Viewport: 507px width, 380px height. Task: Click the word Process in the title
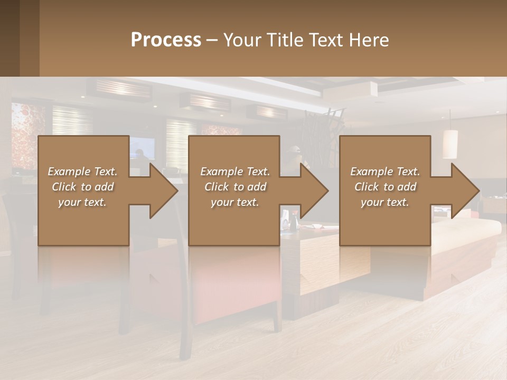tap(166, 40)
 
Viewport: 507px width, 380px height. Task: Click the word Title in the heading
tap(285, 40)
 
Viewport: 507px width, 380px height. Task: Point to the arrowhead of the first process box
tap(163, 191)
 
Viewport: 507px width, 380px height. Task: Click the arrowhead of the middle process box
tap(314, 191)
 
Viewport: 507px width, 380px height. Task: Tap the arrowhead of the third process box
tap(465, 191)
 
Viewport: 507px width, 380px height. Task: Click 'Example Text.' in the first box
tap(82, 172)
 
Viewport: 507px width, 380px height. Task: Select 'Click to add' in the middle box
tap(235, 187)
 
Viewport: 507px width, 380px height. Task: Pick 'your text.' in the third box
tap(385, 202)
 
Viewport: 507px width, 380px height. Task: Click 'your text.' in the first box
tap(82, 202)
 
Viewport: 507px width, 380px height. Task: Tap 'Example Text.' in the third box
tap(385, 172)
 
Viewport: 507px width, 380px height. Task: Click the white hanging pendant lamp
tap(450, 144)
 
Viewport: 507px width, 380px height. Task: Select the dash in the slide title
tap(212, 40)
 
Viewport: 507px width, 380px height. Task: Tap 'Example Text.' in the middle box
tap(235, 172)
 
